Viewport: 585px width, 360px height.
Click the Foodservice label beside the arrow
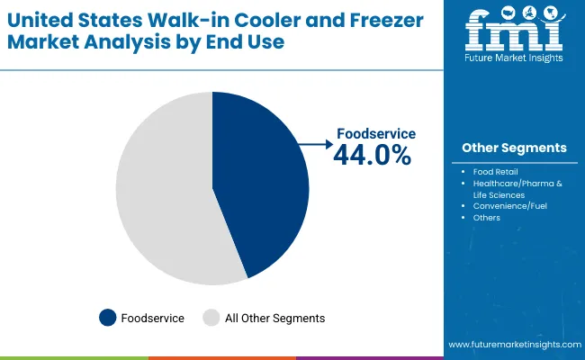(375, 133)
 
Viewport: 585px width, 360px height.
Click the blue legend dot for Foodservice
(108, 318)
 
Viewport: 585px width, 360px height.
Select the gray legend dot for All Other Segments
(211, 318)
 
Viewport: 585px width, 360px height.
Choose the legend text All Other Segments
(274, 318)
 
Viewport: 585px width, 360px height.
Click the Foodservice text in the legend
(154, 318)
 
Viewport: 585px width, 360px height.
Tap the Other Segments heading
(514, 148)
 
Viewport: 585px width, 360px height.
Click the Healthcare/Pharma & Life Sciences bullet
(518, 188)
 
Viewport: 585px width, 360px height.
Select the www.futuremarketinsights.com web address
(512, 345)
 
